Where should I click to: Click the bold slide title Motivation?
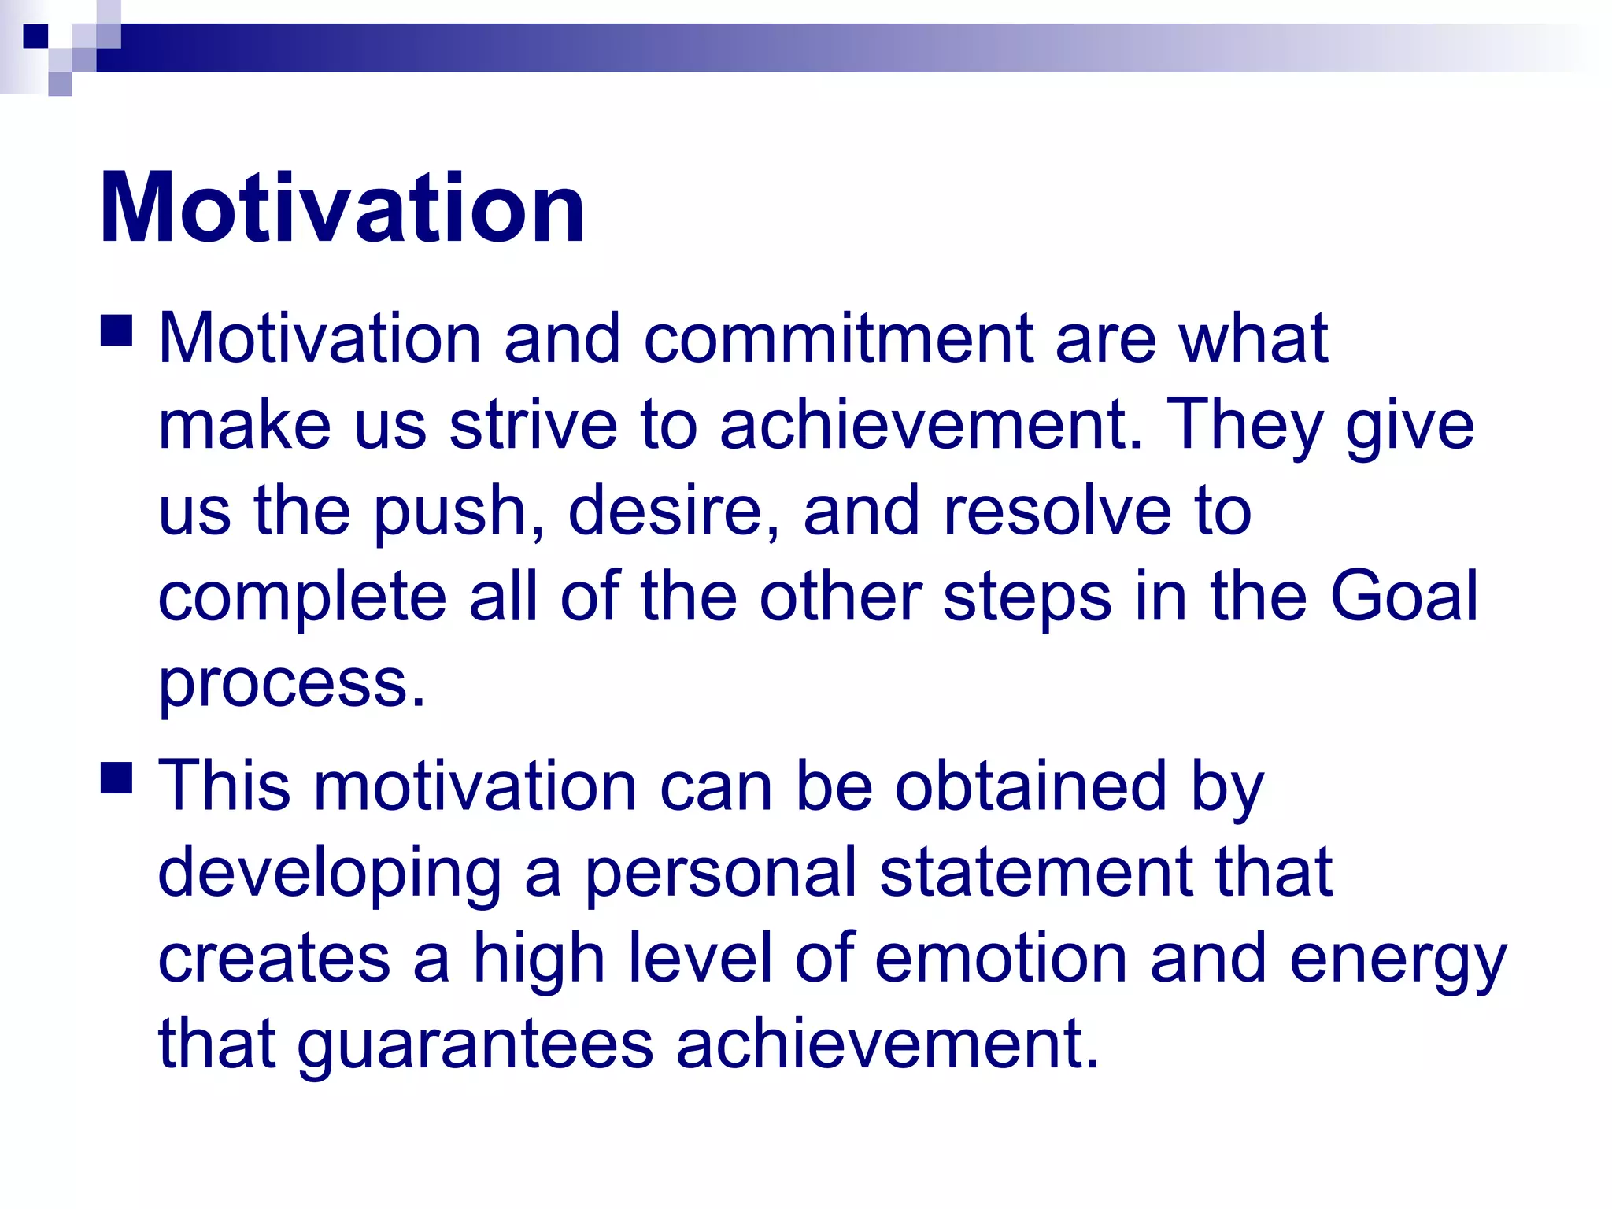pyautogui.click(x=342, y=209)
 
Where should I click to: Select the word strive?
pyautogui.click(x=533, y=425)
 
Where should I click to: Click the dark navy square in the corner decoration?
pyautogui.click(x=35, y=35)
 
